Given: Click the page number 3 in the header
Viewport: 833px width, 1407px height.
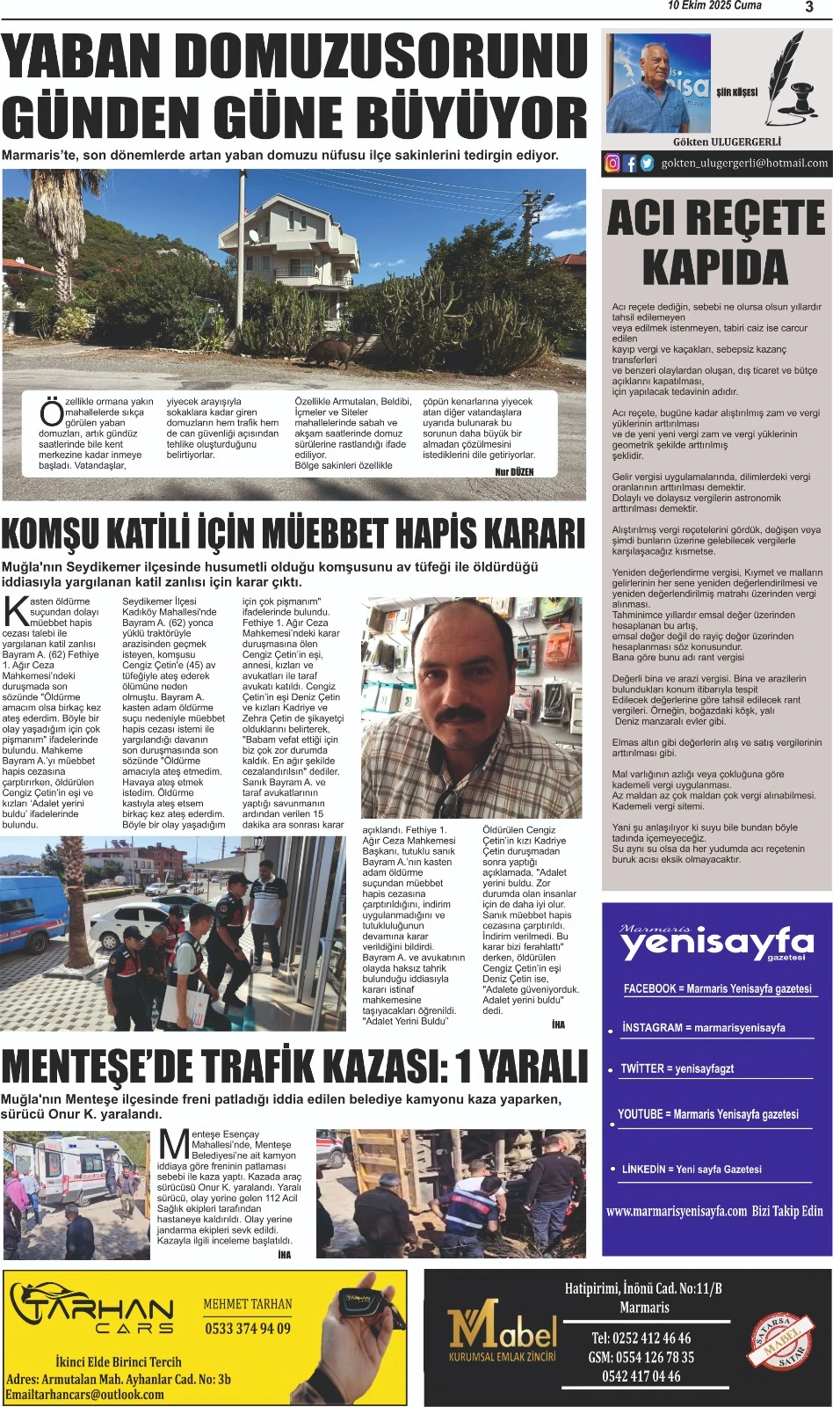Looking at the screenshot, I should tap(808, 7).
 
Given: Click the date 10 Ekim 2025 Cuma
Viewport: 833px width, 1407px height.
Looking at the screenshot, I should tap(714, 6).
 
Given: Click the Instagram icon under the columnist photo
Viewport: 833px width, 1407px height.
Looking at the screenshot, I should tap(612, 163).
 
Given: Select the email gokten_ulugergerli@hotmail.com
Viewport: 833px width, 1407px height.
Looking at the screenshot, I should tap(744, 163).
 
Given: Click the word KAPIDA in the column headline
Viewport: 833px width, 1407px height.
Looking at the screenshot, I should tap(715, 267).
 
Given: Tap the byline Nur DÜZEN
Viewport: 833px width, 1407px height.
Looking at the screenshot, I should tap(514, 472).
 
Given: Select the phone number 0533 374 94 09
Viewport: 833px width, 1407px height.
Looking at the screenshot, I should tap(248, 1329).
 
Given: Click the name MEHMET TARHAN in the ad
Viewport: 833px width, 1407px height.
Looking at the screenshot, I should tap(248, 1304).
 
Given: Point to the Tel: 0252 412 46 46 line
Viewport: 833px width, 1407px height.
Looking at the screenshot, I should tap(641, 1338).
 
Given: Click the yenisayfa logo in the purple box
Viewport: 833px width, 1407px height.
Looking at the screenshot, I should tap(717, 943).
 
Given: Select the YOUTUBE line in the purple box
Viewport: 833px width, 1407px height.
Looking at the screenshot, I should tap(708, 1114).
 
